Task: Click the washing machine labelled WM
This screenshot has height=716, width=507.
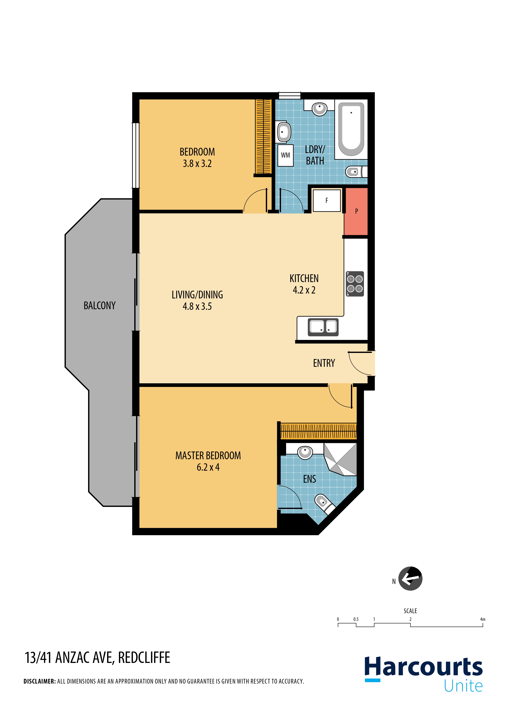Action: click(x=285, y=155)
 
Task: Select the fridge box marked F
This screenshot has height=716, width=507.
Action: click(x=327, y=200)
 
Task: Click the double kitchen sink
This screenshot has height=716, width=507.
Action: click(x=323, y=327)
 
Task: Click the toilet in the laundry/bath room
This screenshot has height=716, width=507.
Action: click(x=356, y=171)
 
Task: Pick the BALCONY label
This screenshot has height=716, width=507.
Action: click(x=100, y=306)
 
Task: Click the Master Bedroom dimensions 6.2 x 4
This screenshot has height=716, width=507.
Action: click(x=208, y=467)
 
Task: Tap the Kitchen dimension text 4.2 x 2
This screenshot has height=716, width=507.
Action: click(x=304, y=290)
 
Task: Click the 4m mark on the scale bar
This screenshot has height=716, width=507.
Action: click(x=483, y=619)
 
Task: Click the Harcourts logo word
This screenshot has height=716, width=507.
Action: click(x=424, y=667)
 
